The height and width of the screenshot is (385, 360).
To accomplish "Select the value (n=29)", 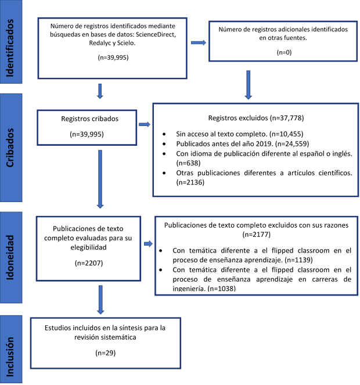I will (x=98, y=352).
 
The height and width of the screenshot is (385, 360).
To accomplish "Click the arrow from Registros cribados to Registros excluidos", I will (x=143, y=124).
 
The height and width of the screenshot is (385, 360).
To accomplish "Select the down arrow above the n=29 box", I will (x=100, y=301).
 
